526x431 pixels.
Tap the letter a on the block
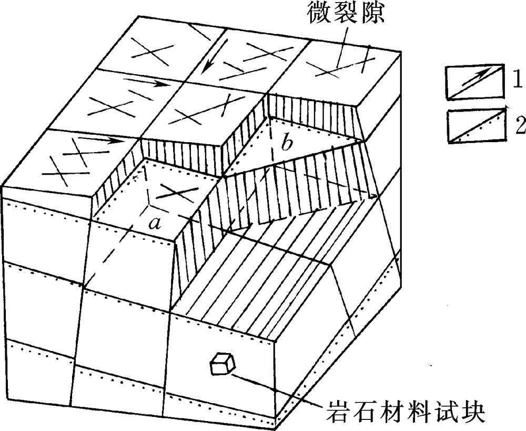point(154,223)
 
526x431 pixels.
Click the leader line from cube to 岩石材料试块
point(279,390)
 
